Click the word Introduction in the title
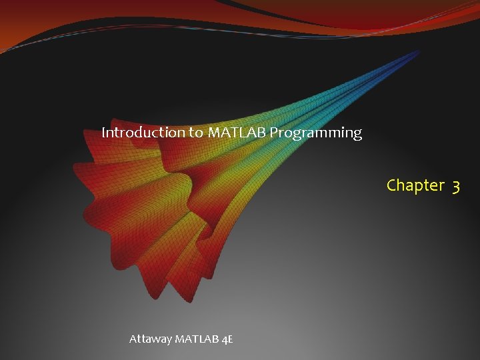coord(143,133)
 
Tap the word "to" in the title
coord(196,133)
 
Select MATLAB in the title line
coord(237,133)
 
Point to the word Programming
coord(315,133)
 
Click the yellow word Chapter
coord(415,185)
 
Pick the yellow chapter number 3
coord(455,185)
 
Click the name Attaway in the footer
coord(150,339)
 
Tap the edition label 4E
coord(227,339)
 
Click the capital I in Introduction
coord(103,133)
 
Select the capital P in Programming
coord(273,133)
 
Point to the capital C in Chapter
coord(392,185)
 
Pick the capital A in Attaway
coord(133,339)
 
